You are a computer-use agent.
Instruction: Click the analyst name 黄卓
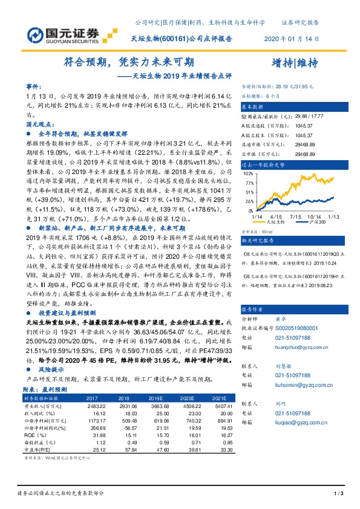click(x=280, y=317)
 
